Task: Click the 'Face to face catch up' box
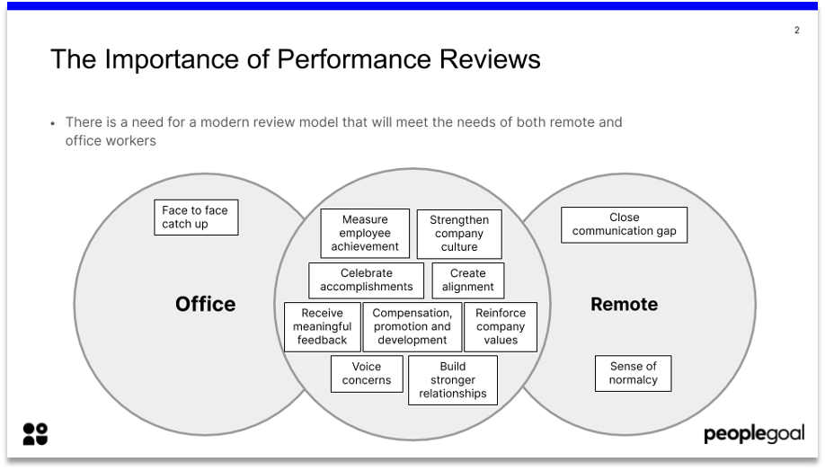(x=196, y=218)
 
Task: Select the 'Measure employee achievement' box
(x=365, y=233)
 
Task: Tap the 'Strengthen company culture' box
(x=459, y=234)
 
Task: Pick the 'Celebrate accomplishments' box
(x=366, y=280)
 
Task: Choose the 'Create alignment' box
(x=467, y=280)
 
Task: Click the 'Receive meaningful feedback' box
(x=323, y=327)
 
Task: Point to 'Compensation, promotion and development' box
(x=412, y=327)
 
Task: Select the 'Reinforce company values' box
(x=501, y=327)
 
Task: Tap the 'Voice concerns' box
(x=367, y=374)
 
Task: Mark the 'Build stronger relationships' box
(x=453, y=380)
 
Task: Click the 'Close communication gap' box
(x=624, y=225)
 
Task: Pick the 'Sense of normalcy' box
(x=634, y=373)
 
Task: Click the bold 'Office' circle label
(x=205, y=304)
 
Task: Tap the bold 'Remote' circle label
(x=624, y=304)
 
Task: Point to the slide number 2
(x=797, y=30)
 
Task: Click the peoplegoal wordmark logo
(x=754, y=434)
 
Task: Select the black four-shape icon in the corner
(x=35, y=434)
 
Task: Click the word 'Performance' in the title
(x=353, y=59)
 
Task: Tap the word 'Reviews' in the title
(x=490, y=59)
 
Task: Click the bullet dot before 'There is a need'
(x=53, y=124)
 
